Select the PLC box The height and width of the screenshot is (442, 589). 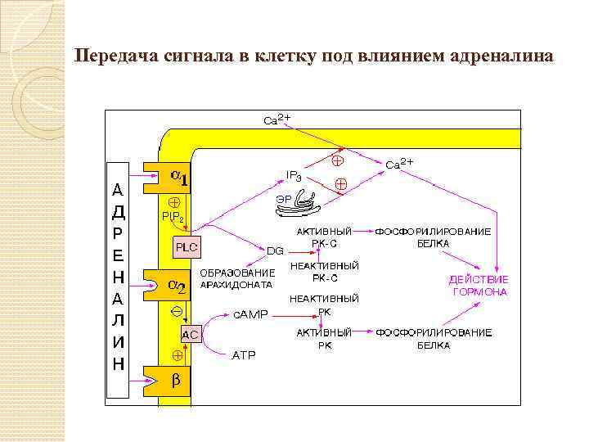click(x=186, y=246)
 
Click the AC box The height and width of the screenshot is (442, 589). click(x=190, y=334)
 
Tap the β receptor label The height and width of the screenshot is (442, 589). click(x=175, y=381)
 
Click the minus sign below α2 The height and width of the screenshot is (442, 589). click(x=174, y=311)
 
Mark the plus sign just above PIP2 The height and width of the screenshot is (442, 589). click(x=173, y=201)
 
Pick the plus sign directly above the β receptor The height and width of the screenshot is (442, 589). click(x=174, y=356)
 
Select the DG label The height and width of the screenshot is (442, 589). click(x=276, y=250)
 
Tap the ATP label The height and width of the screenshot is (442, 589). click(x=245, y=355)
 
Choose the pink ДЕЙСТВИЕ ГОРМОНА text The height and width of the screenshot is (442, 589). click(x=479, y=286)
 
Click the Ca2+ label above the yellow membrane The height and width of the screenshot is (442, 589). click(x=277, y=120)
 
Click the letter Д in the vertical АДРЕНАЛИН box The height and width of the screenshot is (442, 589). click(x=118, y=212)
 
